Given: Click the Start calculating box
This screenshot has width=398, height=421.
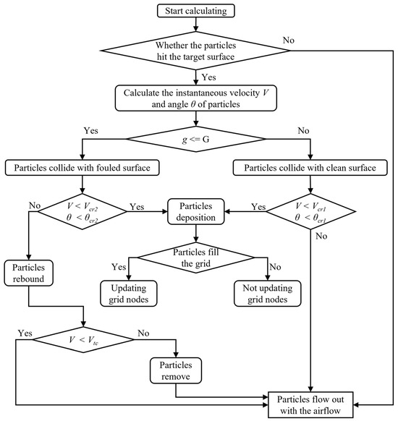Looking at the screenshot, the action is pos(196,11).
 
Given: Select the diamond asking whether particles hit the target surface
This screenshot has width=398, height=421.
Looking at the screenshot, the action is pos(196,51).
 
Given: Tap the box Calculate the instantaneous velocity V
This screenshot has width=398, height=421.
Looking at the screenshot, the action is pos(196,98).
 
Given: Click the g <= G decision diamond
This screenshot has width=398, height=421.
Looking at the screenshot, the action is pos(196,139).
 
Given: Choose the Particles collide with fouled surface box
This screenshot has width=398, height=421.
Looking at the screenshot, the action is pos(82,168).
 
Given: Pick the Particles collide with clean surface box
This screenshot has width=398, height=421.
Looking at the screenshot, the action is pos(310,168).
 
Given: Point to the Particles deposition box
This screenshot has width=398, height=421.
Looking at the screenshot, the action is pos(196,211).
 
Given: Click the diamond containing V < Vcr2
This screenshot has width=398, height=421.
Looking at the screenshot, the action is pos(82,211).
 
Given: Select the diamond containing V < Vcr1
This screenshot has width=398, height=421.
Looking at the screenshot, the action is pos(310,211).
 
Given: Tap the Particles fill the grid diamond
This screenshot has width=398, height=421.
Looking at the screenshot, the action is pos(196,258).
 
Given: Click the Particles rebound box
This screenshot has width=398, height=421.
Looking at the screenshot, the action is pos(28,273).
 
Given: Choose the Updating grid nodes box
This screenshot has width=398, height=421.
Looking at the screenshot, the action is pos(129,294).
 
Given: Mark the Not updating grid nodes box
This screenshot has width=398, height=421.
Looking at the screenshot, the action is pos(268,294).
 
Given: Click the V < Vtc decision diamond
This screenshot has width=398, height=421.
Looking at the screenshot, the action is pos(83,340).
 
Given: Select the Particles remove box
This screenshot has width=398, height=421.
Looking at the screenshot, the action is pos(176,370).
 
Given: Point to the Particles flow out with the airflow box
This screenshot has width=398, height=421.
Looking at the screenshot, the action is pos(310,404).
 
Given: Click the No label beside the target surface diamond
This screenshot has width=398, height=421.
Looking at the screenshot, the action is pos(289,41).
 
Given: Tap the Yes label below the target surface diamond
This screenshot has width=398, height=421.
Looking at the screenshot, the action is pos(208,77).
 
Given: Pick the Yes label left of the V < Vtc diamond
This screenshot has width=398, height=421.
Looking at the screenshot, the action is pos(25,333).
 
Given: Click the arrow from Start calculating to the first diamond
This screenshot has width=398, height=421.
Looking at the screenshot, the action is pos(196,25).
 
